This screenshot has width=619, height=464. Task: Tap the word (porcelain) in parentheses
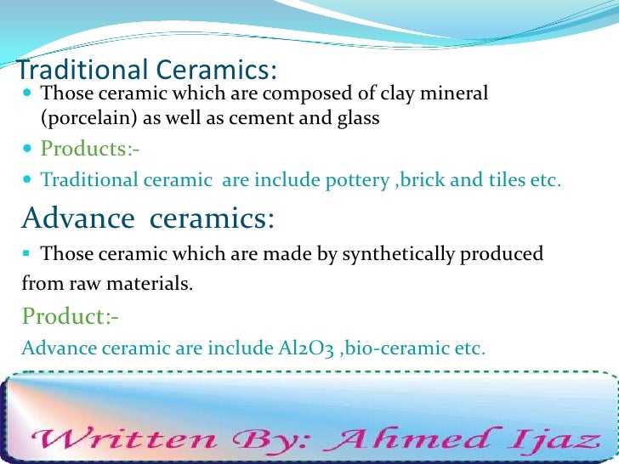click(x=80, y=119)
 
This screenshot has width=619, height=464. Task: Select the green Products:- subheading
click(x=90, y=150)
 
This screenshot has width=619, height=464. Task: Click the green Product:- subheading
click(x=71, y=317)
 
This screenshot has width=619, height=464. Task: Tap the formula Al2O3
click(x=309, y=348)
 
